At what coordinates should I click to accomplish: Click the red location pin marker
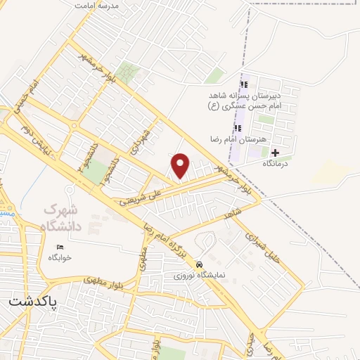pyautogui.click(x=181, y=165)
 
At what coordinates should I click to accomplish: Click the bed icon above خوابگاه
pyautogui.click(x=60, y=247)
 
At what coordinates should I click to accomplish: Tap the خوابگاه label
pyautogui.click(x=60, y=257)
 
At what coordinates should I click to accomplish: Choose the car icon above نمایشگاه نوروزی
pyautogui.click(x=200, y=263)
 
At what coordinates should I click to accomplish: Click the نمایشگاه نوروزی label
pyautogui.click(x=200, y=274)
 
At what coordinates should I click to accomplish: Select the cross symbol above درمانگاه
pyautogui.click(x=275, y=153)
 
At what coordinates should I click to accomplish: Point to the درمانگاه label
pyautogui.click(x=277, y=162)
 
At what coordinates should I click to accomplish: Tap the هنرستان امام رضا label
pyautogui.click(x=238, y=139)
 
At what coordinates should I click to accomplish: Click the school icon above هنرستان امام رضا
pyautogui.click(x=238, y=128)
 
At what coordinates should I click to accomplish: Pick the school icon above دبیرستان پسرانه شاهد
pyautogui.click(x=244, y=85)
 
